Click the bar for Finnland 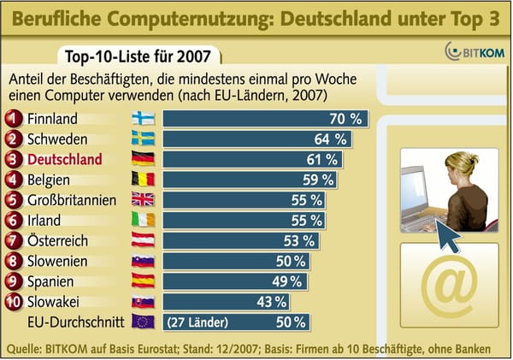click(x=265, y=118)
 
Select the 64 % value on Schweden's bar click(x=328, y=139)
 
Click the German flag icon click(x=142, y=159)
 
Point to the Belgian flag click(x=142, y=180)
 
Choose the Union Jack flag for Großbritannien click(x=142, y=200)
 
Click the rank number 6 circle click(x=14, y=220)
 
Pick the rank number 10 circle click(x=14, y=302)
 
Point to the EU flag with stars click(x=142, y=322)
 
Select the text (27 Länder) click(x=198, y=322)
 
